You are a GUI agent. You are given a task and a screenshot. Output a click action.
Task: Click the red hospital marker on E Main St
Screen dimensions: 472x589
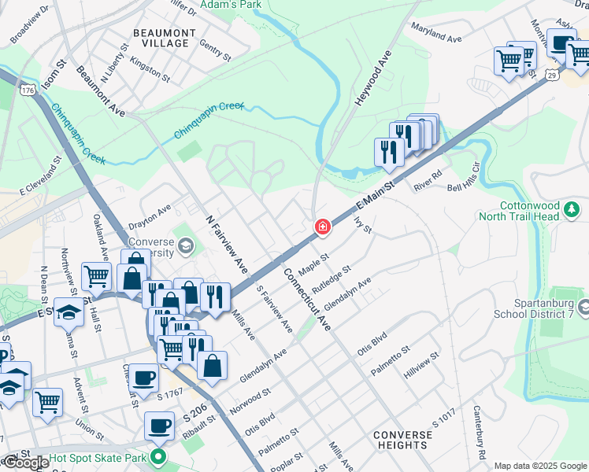(322, 227)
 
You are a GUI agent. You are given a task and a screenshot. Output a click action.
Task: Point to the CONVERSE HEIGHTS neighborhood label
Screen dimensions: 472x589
(402, 440)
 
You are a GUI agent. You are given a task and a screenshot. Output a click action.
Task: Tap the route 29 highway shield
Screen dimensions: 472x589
(553, 74)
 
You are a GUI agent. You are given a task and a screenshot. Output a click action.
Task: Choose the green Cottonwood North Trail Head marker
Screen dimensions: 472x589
(572, 210)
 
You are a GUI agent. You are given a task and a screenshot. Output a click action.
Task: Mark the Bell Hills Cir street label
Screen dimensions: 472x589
(464, 178)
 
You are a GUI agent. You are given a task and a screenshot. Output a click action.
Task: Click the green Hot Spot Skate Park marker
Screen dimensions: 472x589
(159, 457)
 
